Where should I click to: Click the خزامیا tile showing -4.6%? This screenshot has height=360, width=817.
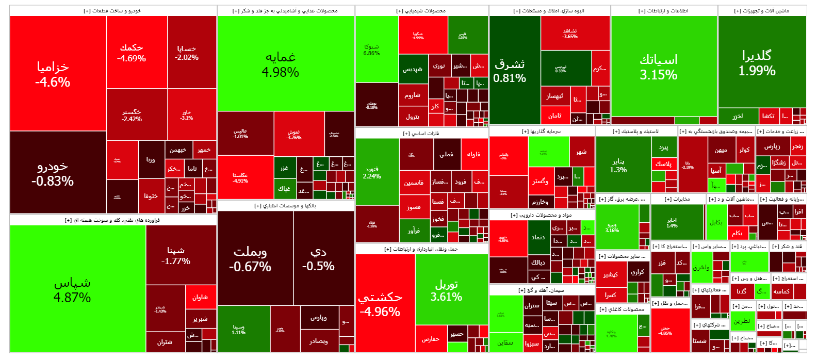tap(53, 74)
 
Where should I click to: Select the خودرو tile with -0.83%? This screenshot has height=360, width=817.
tap(53, 173)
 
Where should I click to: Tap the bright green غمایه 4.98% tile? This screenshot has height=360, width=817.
tap(281, 64)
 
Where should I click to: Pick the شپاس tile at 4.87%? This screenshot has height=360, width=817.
tap(72, 290)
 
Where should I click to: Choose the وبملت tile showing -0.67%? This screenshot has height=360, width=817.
tap(250, 259)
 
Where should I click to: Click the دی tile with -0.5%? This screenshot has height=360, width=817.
tap(319, 259)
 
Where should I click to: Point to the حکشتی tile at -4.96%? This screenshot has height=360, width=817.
tap(380, 304)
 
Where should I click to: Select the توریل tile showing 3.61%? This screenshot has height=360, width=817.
tap(447, 290)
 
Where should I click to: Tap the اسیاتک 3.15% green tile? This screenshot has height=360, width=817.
tap(659, 67)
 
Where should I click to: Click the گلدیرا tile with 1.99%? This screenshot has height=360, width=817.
tap(757, 63)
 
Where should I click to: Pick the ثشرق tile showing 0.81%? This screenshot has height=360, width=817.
tap(510, 71)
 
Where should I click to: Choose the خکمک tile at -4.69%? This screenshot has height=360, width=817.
tap(132, 53)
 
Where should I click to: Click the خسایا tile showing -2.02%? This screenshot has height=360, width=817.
tap(187, 53)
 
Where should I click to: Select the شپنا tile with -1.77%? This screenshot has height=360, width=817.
tap(175, 255)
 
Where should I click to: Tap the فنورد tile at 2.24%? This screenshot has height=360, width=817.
tap(372, 172)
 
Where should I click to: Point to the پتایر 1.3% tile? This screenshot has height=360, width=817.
tap(618, 165)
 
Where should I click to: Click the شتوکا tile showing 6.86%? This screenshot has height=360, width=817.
tap(371, 50)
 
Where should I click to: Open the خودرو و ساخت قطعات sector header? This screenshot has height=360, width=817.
tap(112, 11)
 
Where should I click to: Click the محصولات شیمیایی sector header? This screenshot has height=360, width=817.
tap(421, 11)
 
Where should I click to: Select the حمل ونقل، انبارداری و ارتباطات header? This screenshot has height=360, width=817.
tap(421, 249)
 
